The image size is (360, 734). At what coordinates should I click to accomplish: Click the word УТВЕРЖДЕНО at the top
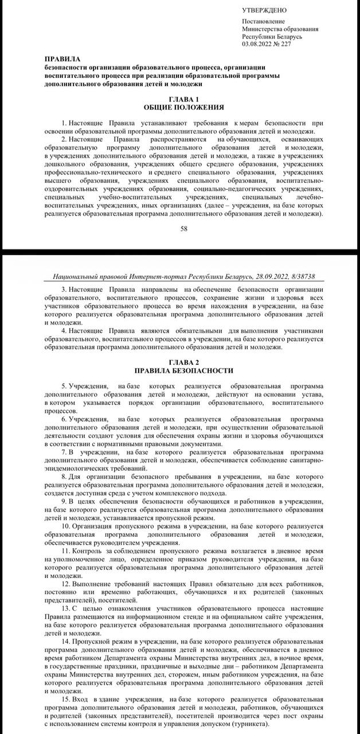point(264,10)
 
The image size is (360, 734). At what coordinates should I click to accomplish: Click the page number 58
point(184,229)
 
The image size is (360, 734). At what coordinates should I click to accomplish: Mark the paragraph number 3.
point(63,290)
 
